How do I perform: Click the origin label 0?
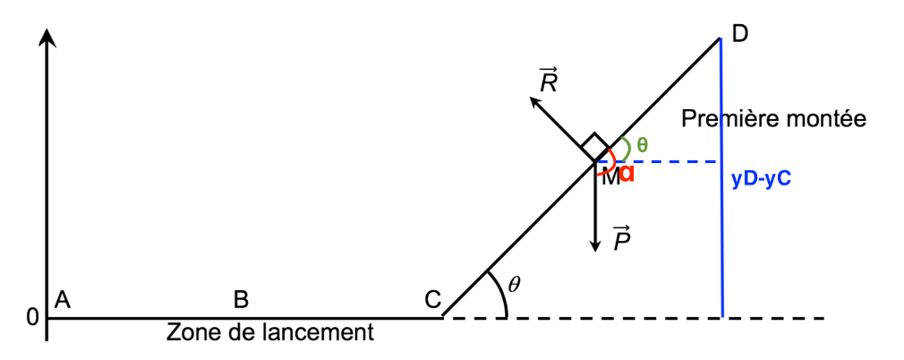(32, 317)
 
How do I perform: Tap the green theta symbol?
(642, 144)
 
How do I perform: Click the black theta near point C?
(514, 285)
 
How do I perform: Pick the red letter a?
(627, 173)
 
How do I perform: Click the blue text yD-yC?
(761, 179)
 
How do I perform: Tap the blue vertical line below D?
(721, 251)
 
